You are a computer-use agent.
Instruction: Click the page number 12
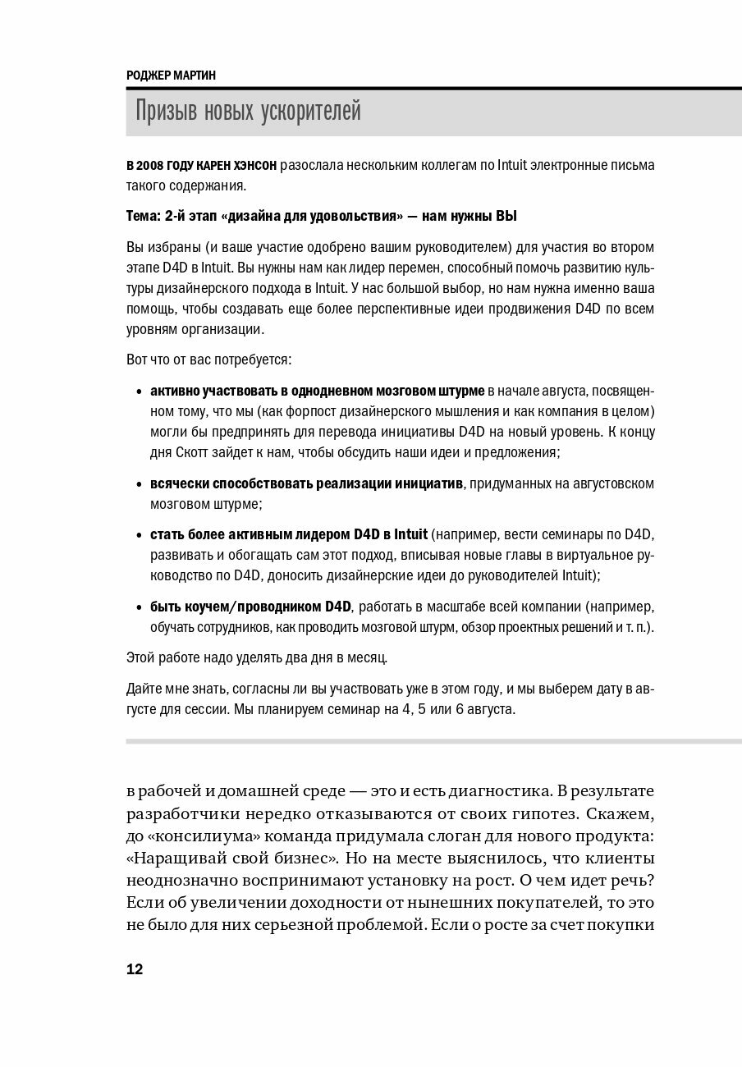(135, 969)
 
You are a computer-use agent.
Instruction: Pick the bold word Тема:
(145, 217)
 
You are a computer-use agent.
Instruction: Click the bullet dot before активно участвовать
(137, 391)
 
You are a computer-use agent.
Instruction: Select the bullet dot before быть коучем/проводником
(137, 607)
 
